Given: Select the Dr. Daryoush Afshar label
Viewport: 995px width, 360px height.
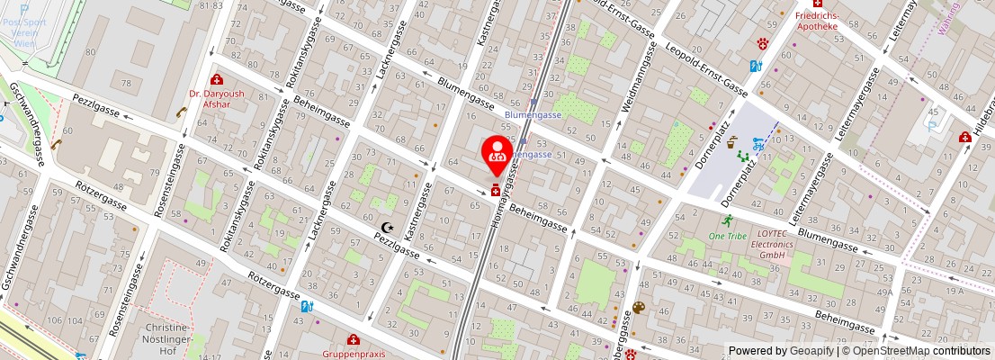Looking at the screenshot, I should point(210,98).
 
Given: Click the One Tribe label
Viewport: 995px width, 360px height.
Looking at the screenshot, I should point(727,236).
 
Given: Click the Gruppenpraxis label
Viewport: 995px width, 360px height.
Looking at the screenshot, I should point(354,354).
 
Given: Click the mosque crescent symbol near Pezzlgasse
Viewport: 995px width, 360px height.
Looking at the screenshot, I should point(388,229).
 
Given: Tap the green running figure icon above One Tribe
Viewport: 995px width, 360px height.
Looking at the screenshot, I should point(726,220).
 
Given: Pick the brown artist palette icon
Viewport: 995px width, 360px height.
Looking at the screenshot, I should point(639,308).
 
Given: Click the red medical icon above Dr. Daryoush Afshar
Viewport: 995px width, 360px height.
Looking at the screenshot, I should point(216,80).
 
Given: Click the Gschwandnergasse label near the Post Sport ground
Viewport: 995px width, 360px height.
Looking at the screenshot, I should point(26,125).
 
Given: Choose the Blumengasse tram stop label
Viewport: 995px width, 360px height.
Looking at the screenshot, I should point(533,115).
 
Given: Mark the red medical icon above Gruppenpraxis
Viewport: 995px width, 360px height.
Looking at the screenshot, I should point(354,339).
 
